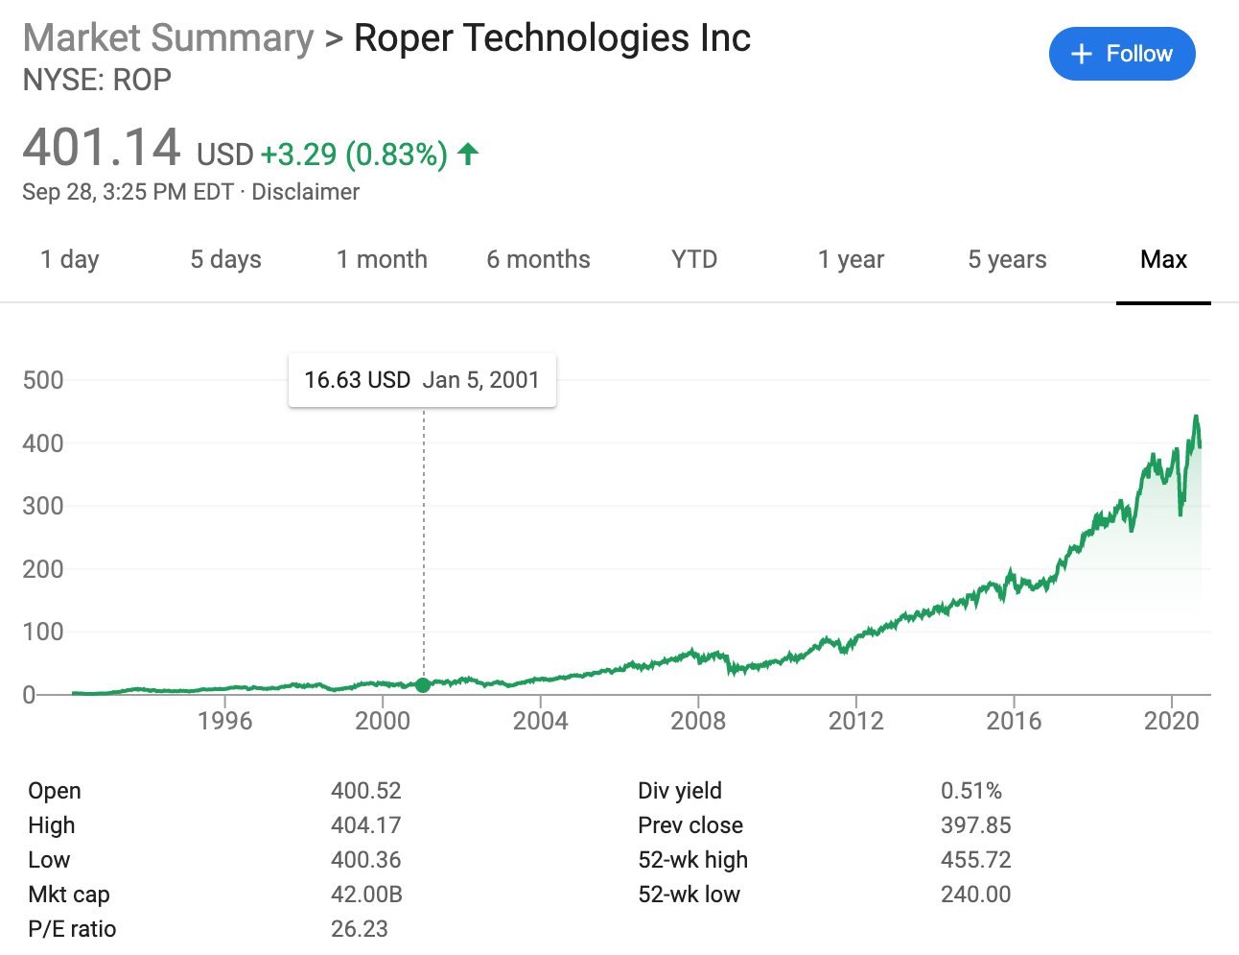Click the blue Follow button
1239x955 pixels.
(x=1122, y=54)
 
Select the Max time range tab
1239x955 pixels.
(x=1163, y=260)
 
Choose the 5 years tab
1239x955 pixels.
(x=1007, y=260)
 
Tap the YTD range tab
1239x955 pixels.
(x=694, y=260)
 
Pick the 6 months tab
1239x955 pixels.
(x=538, y=260)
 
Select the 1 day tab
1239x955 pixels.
(x=70, y=260)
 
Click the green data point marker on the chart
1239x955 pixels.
(x=423, y=684)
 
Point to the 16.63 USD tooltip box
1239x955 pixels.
(x=422, y=380)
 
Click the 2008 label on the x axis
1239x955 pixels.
(x=698, y=721)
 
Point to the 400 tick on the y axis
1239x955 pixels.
(x=43, y=443)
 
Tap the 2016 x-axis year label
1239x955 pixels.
(x=1014, y=721)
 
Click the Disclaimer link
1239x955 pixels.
(x=306, y=192)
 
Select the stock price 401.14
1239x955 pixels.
(x=102, y=149)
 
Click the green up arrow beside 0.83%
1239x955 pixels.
(x=468, y=154)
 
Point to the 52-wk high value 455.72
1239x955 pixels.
(x=975, y=860)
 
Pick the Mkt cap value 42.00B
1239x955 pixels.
(x=366, y=895)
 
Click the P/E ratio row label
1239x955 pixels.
(x=72, y=929)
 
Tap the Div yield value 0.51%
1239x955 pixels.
(x=970, y=791)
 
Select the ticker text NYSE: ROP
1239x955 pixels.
(x=97, y=80)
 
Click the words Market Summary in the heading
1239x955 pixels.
(x=168, y=38)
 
